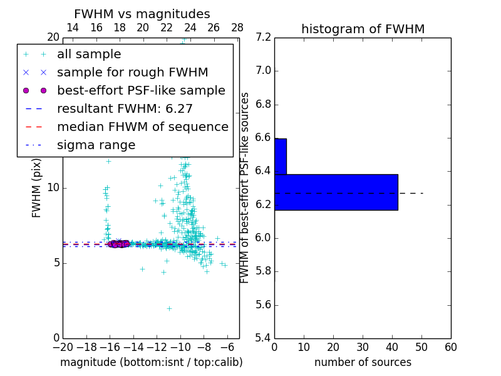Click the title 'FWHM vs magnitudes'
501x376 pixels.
pos(142,14)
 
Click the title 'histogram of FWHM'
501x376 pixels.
pos(363,29)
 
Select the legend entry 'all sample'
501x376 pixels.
pos(89,55)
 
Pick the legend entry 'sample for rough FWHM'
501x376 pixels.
pos(132,73)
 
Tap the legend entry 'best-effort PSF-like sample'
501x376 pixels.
pos(141,91)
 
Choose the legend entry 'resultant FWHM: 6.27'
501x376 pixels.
pos(125,109)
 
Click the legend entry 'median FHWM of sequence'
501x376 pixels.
pos(142,127)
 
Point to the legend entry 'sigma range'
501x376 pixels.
pos(96,145)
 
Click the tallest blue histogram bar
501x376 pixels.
pos(336,192)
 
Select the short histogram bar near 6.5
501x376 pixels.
pos(280,156)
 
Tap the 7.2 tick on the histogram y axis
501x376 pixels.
pos(263,38)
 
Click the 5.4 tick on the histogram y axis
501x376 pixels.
pos(263,338)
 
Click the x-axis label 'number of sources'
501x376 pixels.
pos(363,362)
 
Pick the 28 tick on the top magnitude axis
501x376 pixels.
pos(237,28)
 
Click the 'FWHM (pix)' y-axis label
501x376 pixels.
pos(37,188)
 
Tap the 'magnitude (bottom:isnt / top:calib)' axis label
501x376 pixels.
pos(151,362)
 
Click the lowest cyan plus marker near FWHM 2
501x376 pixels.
pos(169,308)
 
